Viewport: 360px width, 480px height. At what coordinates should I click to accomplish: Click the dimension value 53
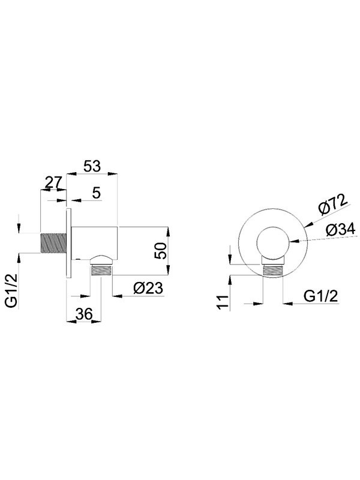pos(92,166)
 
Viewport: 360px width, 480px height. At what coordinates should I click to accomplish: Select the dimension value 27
pos(53,182)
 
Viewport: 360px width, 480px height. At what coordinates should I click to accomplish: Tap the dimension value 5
pos(97,193)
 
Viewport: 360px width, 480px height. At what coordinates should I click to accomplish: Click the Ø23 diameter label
pos(148,288)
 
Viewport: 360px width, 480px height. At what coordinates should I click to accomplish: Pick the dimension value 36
pos(84,314)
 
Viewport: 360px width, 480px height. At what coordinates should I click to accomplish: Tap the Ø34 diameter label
pos(341,230)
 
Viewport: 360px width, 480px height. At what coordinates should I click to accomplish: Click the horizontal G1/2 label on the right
pos(321,296)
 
